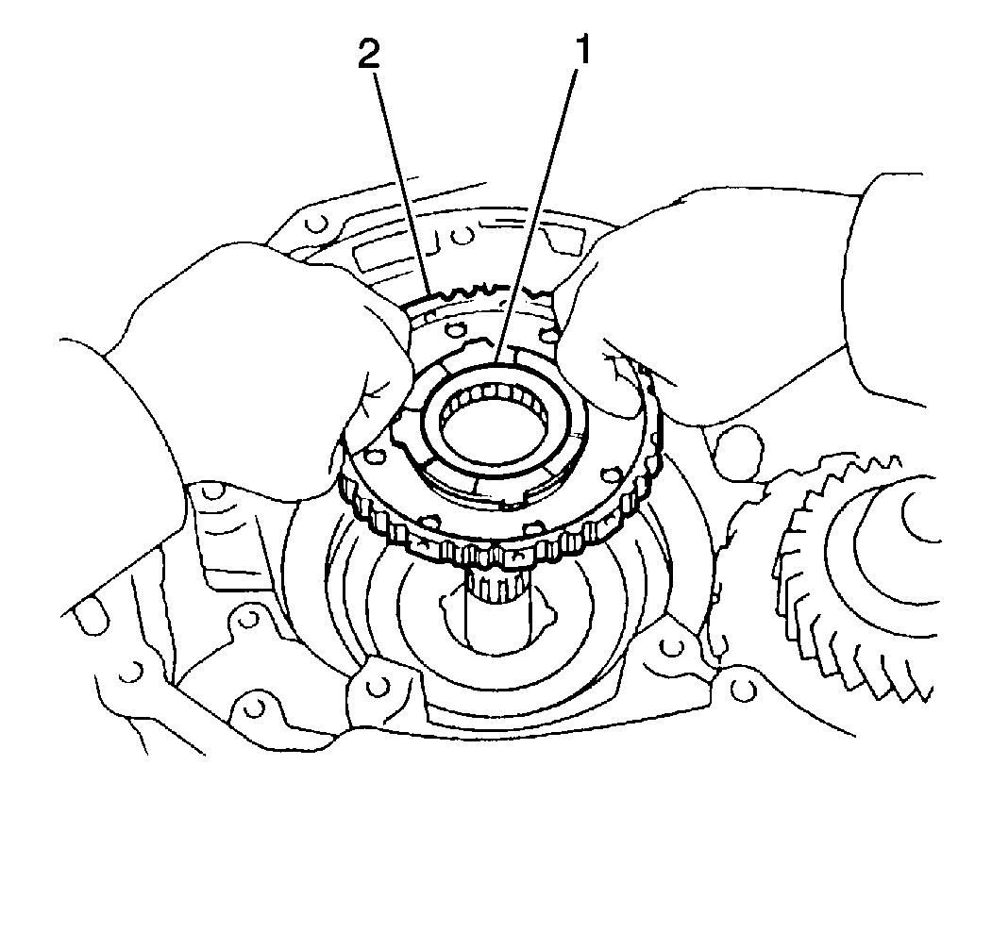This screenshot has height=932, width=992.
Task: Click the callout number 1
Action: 581,52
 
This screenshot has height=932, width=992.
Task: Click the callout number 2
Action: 369,55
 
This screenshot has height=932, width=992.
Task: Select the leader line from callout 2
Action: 404,183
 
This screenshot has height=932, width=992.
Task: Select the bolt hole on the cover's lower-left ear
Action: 378,687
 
